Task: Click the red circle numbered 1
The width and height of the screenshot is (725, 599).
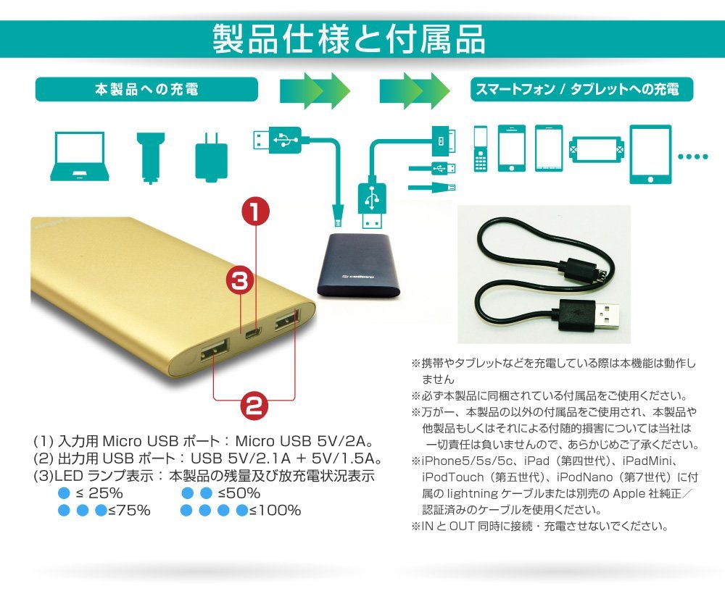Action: coord(255,211)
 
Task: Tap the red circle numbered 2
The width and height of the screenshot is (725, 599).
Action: coord(254,406)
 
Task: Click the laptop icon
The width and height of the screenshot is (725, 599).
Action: coord(80,156)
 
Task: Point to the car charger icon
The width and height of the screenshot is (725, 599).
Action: coord(151,158)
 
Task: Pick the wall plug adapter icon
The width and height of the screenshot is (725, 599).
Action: coord(211,157)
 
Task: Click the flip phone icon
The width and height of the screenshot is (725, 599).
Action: coord(481,148)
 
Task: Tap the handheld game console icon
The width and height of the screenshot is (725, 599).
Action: coord(596,149)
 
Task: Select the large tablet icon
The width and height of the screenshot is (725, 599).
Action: coord(650,154)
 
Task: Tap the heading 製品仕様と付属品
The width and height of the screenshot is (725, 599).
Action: coord(349,39)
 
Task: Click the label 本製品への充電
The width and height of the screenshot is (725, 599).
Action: coord(146,89)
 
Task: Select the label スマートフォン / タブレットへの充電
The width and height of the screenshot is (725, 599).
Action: coord(577,89)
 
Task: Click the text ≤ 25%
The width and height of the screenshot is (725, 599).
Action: coord(99,493)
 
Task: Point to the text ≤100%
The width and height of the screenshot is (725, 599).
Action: coord(275,511)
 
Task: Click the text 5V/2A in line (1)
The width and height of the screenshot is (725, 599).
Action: coord(342,441)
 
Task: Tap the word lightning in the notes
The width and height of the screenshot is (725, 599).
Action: coord(473,494)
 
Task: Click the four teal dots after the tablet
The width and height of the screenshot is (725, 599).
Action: coord(692,156)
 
